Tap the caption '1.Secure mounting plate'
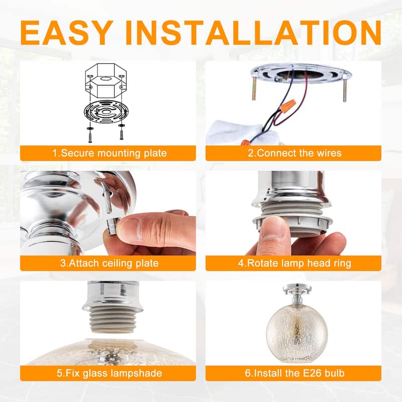pyautogui.click(x=108, y=153)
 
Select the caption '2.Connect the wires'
pyautogui.click(x=293, y=153)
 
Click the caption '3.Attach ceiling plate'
pyautogui.click(x=108, y=263)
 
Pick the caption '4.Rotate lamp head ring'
pyautogui.click(x=293, y=263)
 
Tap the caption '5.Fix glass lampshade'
pyautogui.click(x=108, y=373)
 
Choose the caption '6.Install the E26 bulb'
pyautogui.click(x=293, y=373)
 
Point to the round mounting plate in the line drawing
pyautogui.click(x=104, y=113)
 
